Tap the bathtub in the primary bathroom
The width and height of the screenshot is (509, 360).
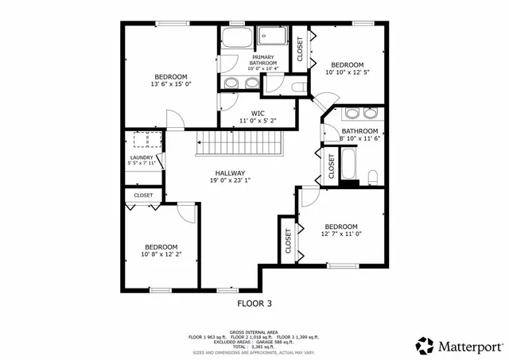(x=235, y=38)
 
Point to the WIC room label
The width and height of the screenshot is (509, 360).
(x=257, y=113)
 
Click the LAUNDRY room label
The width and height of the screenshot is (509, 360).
(x=142, y=158)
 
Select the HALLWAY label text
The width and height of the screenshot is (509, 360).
(x=230, y=172)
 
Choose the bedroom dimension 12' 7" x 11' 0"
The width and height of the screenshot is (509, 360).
(x=341, y=234)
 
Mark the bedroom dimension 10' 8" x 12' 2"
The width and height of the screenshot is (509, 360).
(x=161, y=254)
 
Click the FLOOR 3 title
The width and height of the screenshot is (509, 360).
(x=254, y=303)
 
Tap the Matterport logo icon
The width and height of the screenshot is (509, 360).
(x=425, y=345)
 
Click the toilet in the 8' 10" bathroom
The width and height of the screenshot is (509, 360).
(x=372, y=176)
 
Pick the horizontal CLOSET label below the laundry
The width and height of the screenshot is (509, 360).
(x=143, y=195)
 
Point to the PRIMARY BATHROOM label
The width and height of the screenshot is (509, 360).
(x=263, y=60)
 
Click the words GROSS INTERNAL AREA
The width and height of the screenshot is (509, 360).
(x=254, y=331)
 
